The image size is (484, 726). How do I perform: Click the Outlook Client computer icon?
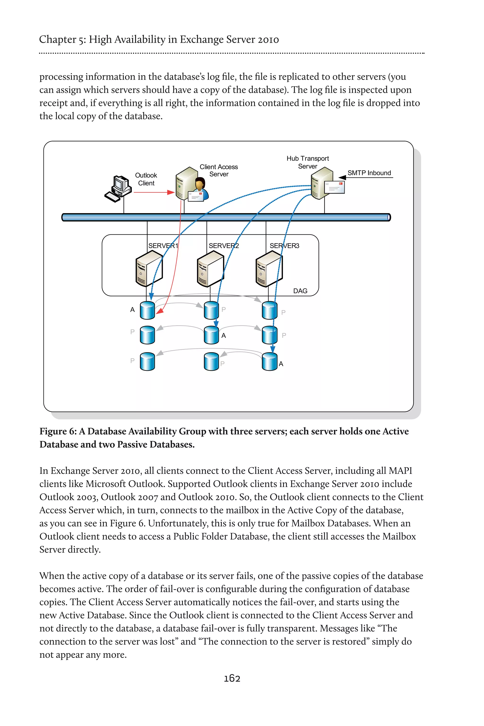point(118,189)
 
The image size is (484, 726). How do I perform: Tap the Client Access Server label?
point(219,170)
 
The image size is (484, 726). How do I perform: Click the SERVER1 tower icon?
point(149,268)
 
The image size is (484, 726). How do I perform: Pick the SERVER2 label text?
point(224,246)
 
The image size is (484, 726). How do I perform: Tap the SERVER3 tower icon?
point(269,268)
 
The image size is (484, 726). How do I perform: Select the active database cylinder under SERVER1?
point(147,310)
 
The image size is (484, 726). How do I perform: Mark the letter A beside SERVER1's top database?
point(132,310)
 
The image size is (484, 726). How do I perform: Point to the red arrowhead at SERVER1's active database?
point(160,311)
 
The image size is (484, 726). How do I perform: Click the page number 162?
point(232,678)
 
